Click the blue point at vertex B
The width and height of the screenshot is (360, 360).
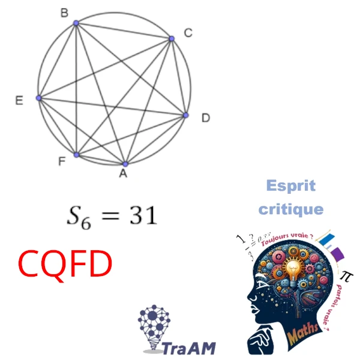pos(76,23)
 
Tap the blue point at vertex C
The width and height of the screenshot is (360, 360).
pos(172,38)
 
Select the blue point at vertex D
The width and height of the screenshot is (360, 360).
pos(185,115)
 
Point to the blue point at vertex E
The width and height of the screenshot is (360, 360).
pos(39,98)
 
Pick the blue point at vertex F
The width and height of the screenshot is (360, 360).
pos(76,154)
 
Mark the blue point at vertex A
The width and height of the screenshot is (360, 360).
pos(125,163)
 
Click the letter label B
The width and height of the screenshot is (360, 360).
pos(64,12)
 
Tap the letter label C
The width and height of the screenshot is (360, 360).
pos(188,33)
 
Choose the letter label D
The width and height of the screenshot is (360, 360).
pos(205,119)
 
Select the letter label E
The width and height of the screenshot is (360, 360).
pos(19,101)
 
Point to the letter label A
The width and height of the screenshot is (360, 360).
pos(123,175)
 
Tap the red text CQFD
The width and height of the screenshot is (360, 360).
pos(65,264)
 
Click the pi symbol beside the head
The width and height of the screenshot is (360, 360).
pos(344,275)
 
